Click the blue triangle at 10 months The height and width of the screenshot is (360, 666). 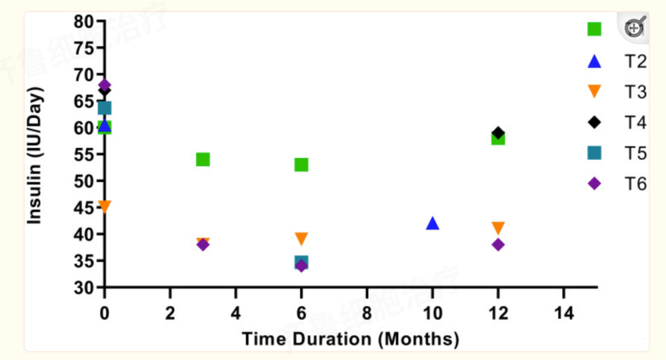pos(433,223)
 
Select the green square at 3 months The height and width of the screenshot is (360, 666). pos(203,159)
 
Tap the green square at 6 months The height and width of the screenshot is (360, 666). pos(301,165)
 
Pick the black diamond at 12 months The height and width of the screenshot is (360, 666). pos(497,133)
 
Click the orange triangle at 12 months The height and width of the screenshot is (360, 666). pos(497,228)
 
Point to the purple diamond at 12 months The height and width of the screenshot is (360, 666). pos(497,245)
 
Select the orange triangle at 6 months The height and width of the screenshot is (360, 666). pos(301,239)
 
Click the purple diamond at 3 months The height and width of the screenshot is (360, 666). pos(203,245)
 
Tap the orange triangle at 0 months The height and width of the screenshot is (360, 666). pos(104,207)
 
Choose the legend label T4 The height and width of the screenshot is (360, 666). pos(635,123)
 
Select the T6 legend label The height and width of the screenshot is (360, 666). pos(635,184)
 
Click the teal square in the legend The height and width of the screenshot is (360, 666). pos(594,153)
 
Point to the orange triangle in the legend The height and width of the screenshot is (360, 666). pos(594,92)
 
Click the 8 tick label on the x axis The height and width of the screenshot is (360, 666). pos(367,313)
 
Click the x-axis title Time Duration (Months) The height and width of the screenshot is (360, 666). pos(351,339)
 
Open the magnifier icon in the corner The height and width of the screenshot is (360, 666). pos(635,28)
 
